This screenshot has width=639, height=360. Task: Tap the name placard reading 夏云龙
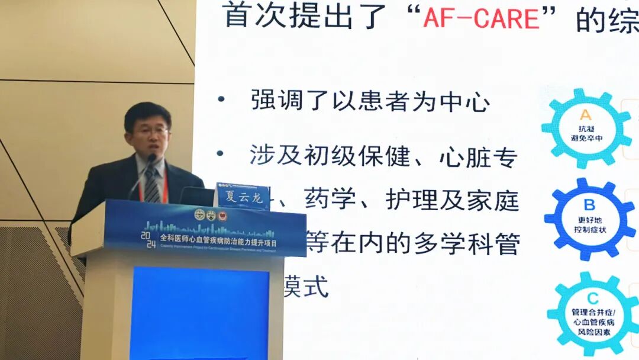pos(241,197)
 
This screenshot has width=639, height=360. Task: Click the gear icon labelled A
pos(586,128)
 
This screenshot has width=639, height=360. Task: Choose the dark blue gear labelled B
pos(589,217)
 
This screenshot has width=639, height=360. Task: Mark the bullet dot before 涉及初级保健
pos(221,155)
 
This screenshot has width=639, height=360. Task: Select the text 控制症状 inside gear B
pos(589,229)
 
